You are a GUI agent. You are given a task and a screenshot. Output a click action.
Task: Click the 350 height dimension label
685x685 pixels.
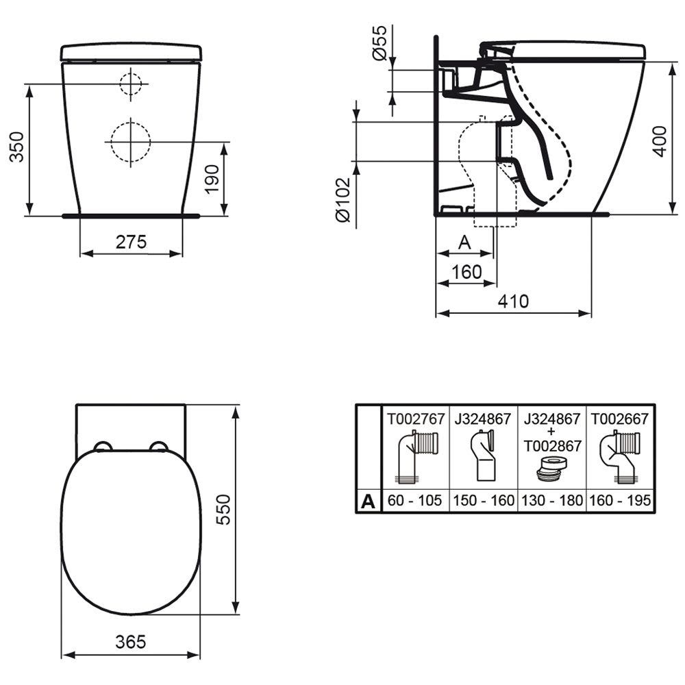tap(17, 147)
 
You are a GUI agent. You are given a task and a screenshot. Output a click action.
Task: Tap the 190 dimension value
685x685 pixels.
tap(212, 179)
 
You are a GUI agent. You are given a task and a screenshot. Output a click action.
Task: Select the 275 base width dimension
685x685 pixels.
tap(131, 242)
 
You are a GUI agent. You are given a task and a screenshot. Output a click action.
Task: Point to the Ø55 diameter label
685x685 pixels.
tap(379, 42)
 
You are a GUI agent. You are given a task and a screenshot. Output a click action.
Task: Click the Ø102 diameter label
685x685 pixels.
tap(343, 199)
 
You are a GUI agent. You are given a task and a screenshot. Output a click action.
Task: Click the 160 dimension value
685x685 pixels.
tap(466, 272)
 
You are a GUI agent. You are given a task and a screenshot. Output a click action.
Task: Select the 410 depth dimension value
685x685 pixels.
tap(513, 301)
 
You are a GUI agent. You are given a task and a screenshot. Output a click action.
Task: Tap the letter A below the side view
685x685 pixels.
tap(464, 242)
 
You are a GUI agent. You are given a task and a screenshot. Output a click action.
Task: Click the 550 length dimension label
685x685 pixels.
tap(224, 510)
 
